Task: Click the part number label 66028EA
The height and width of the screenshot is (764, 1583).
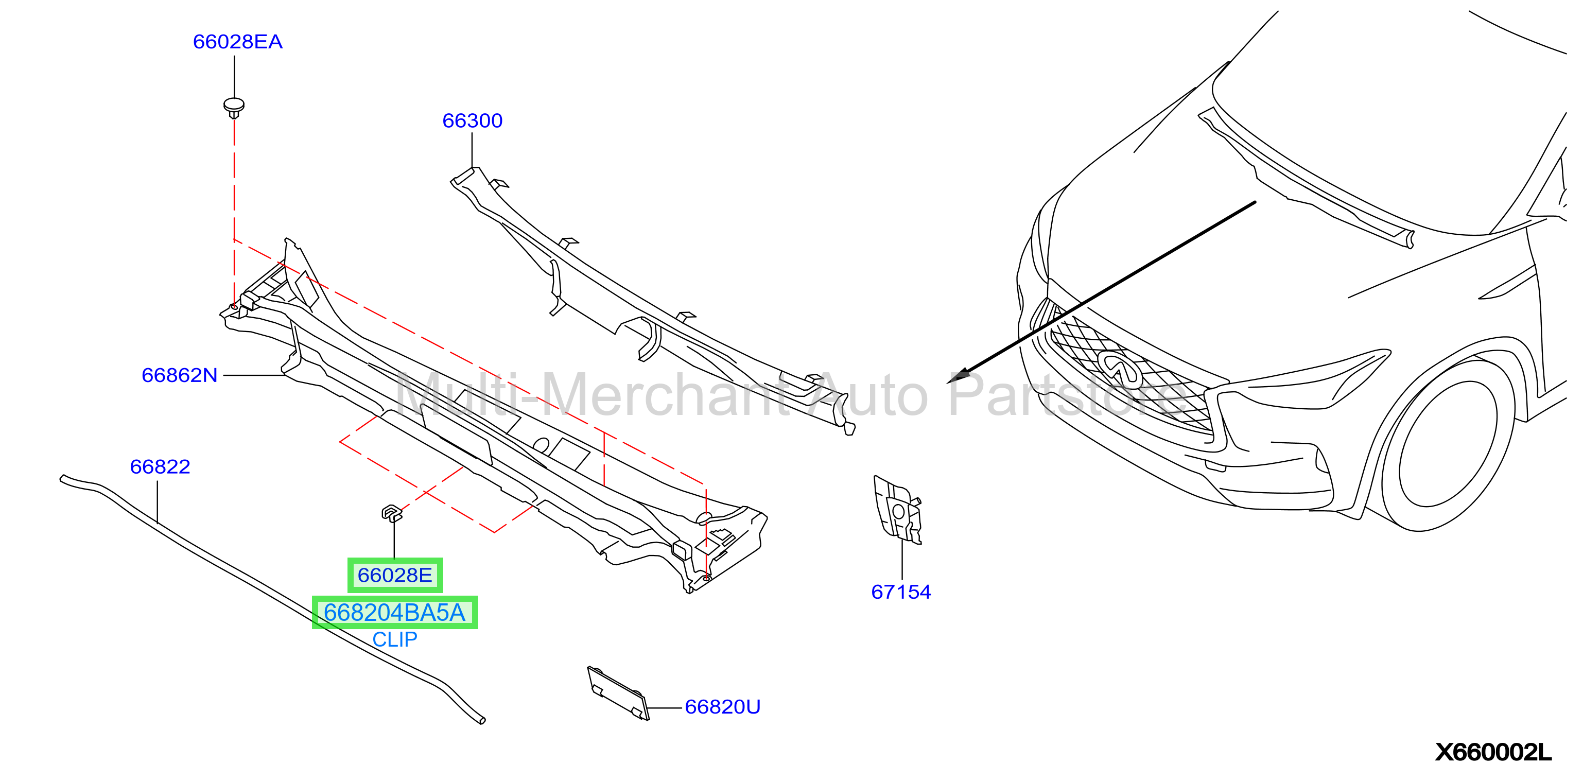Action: [x=237, y=42]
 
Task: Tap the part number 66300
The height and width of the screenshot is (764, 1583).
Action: [x=472, y=120]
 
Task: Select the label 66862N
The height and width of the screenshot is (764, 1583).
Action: [x=180, y=375]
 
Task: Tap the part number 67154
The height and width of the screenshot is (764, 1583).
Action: [x=901, y=592]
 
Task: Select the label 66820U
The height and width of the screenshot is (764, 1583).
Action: [x=722, y=707]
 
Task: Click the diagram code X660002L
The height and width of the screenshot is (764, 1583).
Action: [x=1493, y=752]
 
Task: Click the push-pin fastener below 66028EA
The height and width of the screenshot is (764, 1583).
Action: [x=234, y=108]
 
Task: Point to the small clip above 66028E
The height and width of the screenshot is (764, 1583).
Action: [x=391, y=513]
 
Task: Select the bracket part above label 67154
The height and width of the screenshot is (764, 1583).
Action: [x=898, y=510]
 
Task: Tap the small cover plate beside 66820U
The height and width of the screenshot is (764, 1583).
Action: [x=618, y=693]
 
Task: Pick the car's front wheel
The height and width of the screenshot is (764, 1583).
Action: [x=1447, y=446]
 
